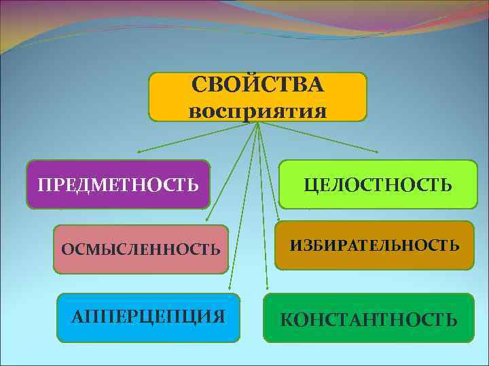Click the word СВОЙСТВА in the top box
[x=257, y=86]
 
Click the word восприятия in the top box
[x=257, y=109]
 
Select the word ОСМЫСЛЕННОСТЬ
[x=141, y=249]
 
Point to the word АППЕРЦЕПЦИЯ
[x=149, y=317]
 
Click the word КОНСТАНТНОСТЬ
[x=369, y=319]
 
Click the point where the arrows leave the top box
[x=258, y=123]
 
